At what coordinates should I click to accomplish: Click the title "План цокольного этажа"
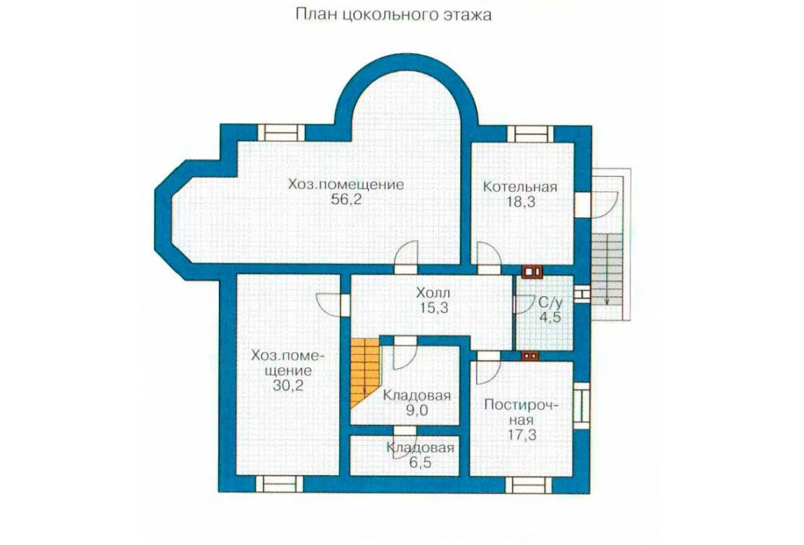pos(394,15)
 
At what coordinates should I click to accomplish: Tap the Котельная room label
pos(520,187)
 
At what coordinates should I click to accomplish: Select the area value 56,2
pos(346,199)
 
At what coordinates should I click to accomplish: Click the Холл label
pos(433,293)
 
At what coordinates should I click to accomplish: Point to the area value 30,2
pos(287,385)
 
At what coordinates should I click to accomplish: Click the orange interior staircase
pos(364,371)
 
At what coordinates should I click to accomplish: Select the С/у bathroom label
pos(551,303)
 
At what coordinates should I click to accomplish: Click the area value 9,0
pos(417,410)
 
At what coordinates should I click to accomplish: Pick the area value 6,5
pos(420,463)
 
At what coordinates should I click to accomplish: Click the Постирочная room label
pos(522,412)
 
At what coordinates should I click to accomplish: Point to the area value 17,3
pos(522,435)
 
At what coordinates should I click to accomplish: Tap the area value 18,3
pos(520,202)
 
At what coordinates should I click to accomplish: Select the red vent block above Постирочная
pos(530,356)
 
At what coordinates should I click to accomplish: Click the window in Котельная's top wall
pos(530,133)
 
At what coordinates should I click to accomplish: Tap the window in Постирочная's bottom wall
pos(529,484)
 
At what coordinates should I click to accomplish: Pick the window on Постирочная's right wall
pos(582,406)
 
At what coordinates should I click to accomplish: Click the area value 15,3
pos(433,308)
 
